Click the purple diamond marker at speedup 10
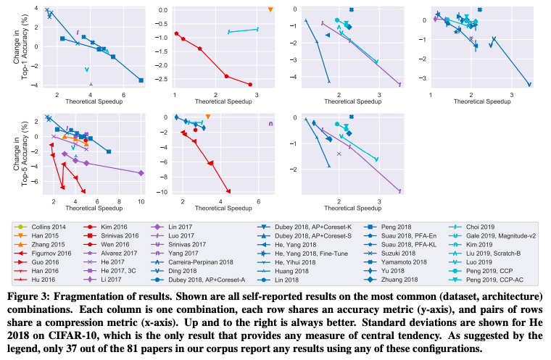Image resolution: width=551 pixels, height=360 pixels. [x=141, y=172]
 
